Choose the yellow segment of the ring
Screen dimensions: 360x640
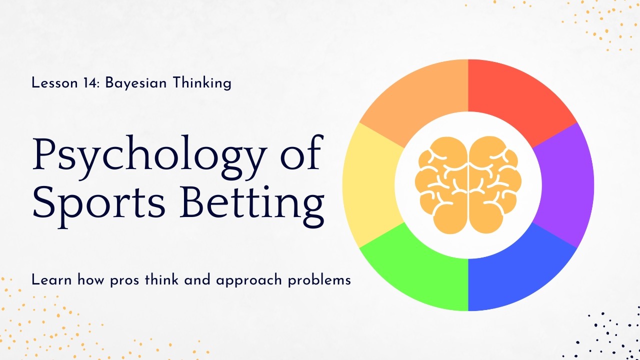[x=370, y=185]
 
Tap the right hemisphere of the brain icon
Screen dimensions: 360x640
[x=495, y=185]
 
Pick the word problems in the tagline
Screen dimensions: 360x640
[x=319, y=280]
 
